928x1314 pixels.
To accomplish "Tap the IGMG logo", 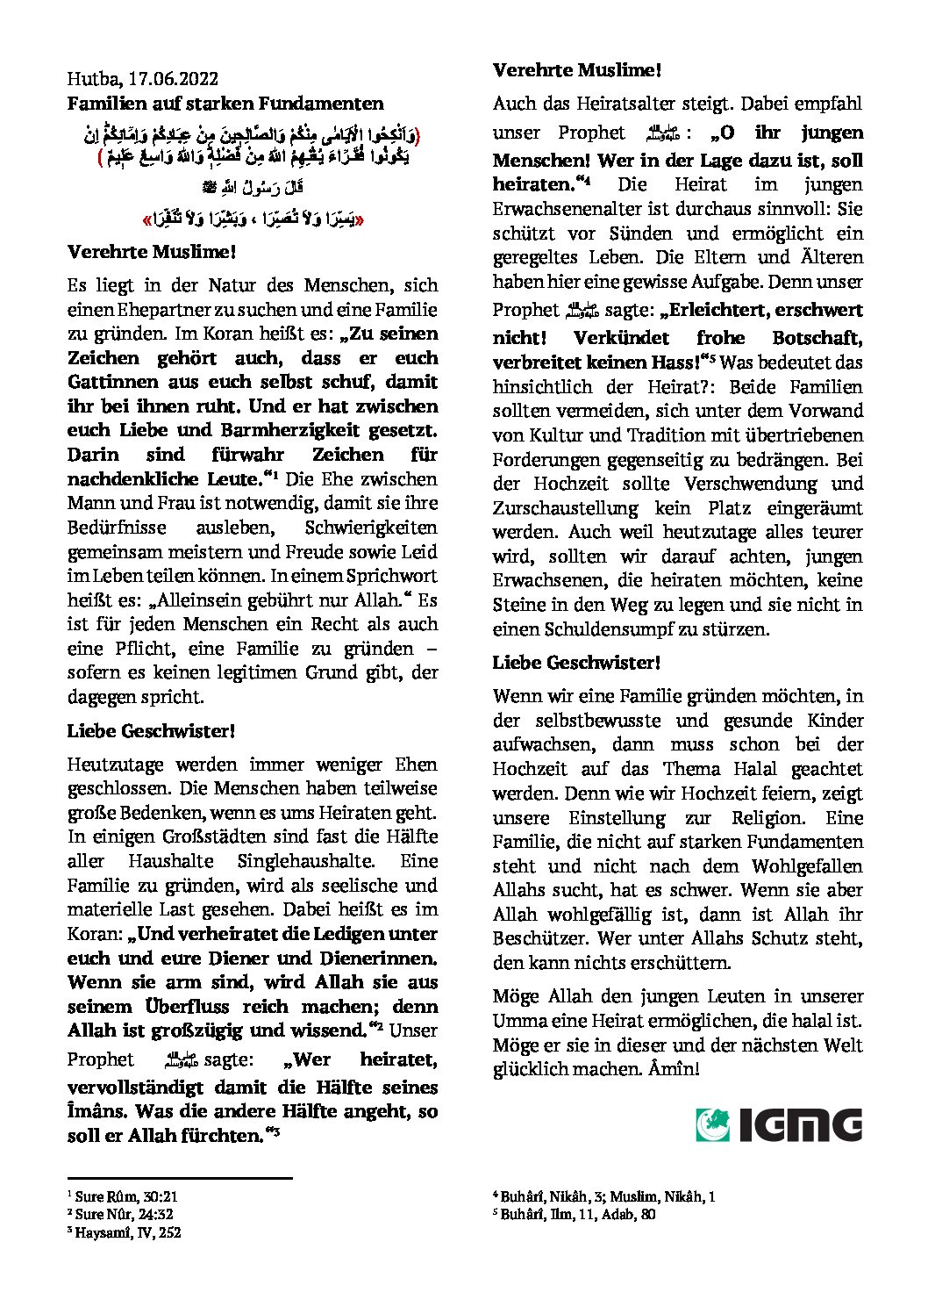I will click(x=779, y=1124).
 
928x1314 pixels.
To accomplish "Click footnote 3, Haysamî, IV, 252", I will click(x=127, y=1232).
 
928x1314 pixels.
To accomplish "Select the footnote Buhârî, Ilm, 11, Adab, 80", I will click(x=577, y=1215).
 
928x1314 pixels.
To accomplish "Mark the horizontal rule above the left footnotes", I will click(x=180, y=1178).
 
